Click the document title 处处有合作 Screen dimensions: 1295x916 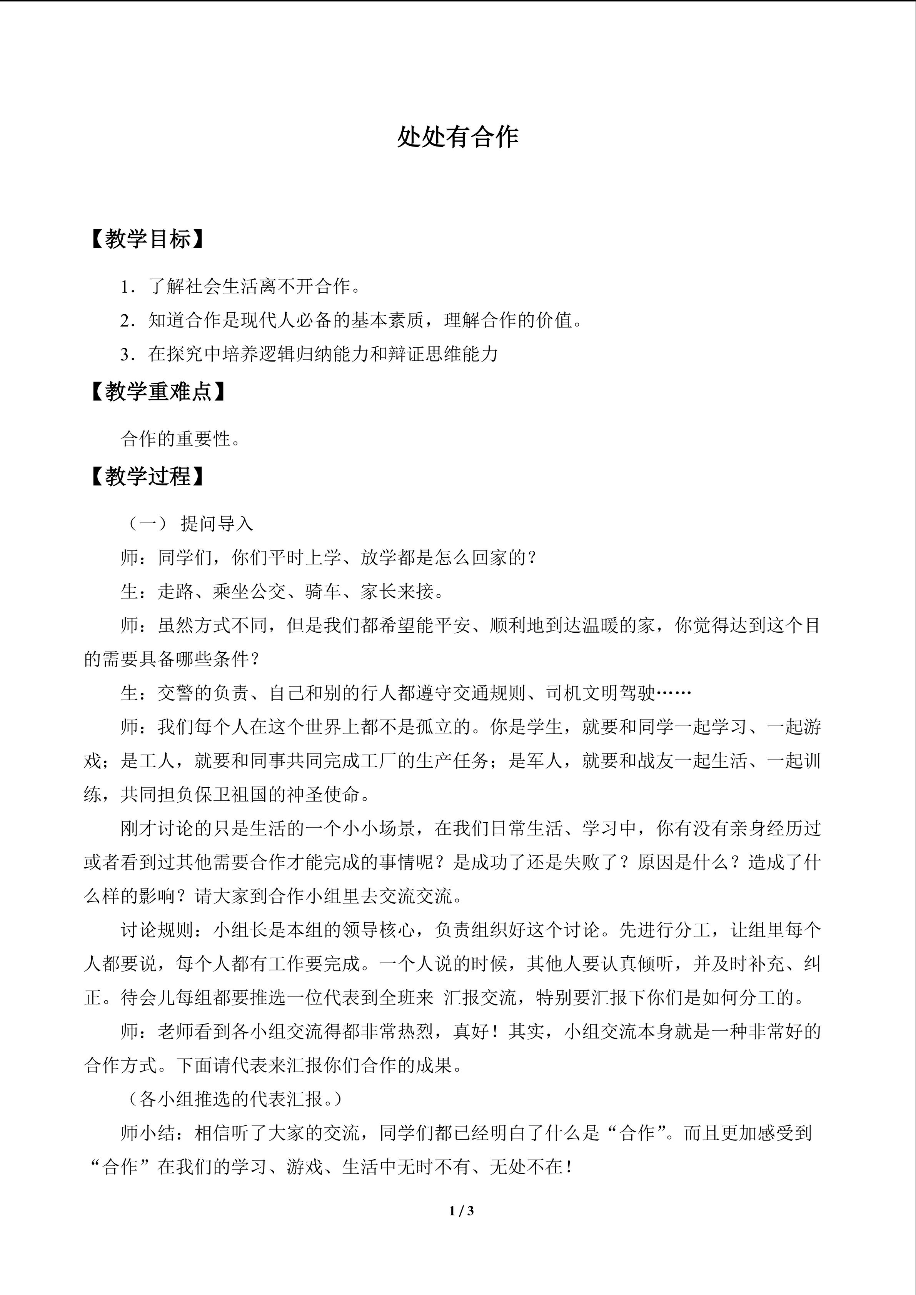[457, 137]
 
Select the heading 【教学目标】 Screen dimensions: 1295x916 [147, 240]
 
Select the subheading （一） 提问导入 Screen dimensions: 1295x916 [188, 524]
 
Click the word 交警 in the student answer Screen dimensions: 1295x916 [175, 693]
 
